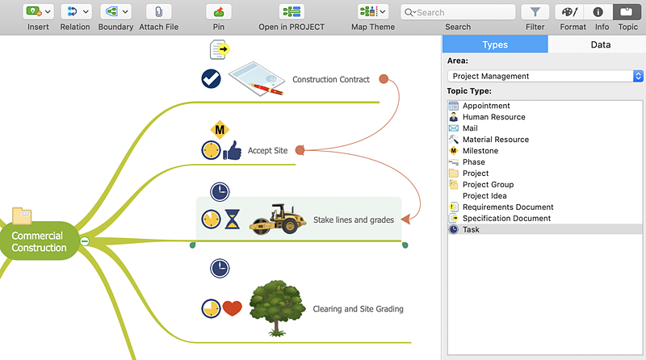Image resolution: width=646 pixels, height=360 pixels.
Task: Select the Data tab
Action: coord(600,44)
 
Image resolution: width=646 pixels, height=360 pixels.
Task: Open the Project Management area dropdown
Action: coord(545,76)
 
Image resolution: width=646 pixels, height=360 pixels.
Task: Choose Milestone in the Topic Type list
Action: coord(480,151)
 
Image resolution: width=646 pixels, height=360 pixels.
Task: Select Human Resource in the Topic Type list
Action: coord(493,117)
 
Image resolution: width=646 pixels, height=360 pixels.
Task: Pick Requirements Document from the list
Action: coord(507,207)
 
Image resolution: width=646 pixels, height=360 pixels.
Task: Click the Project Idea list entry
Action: coord(485,196)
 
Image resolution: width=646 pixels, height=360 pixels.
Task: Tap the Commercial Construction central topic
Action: coord(39,241)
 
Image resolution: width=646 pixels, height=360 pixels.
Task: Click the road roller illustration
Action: coord(272,219)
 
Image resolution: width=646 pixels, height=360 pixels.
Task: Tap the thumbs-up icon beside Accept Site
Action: coord(233,150)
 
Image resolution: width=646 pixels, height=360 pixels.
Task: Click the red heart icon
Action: coord(233,308)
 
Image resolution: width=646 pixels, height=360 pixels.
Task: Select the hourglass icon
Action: coord(233,220)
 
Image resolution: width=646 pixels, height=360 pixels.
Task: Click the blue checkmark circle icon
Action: coord(212,79)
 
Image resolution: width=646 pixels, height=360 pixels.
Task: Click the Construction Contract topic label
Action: coord(331,80)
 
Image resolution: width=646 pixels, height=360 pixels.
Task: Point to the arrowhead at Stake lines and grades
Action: coord(406,218)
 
